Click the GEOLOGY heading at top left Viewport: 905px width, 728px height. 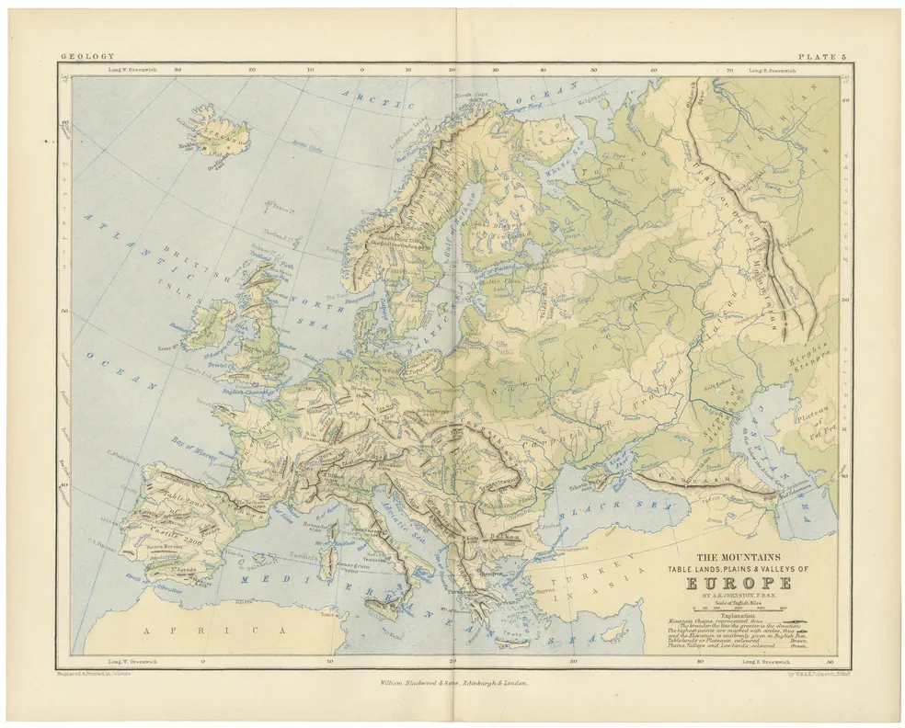[x=81, y=57]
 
